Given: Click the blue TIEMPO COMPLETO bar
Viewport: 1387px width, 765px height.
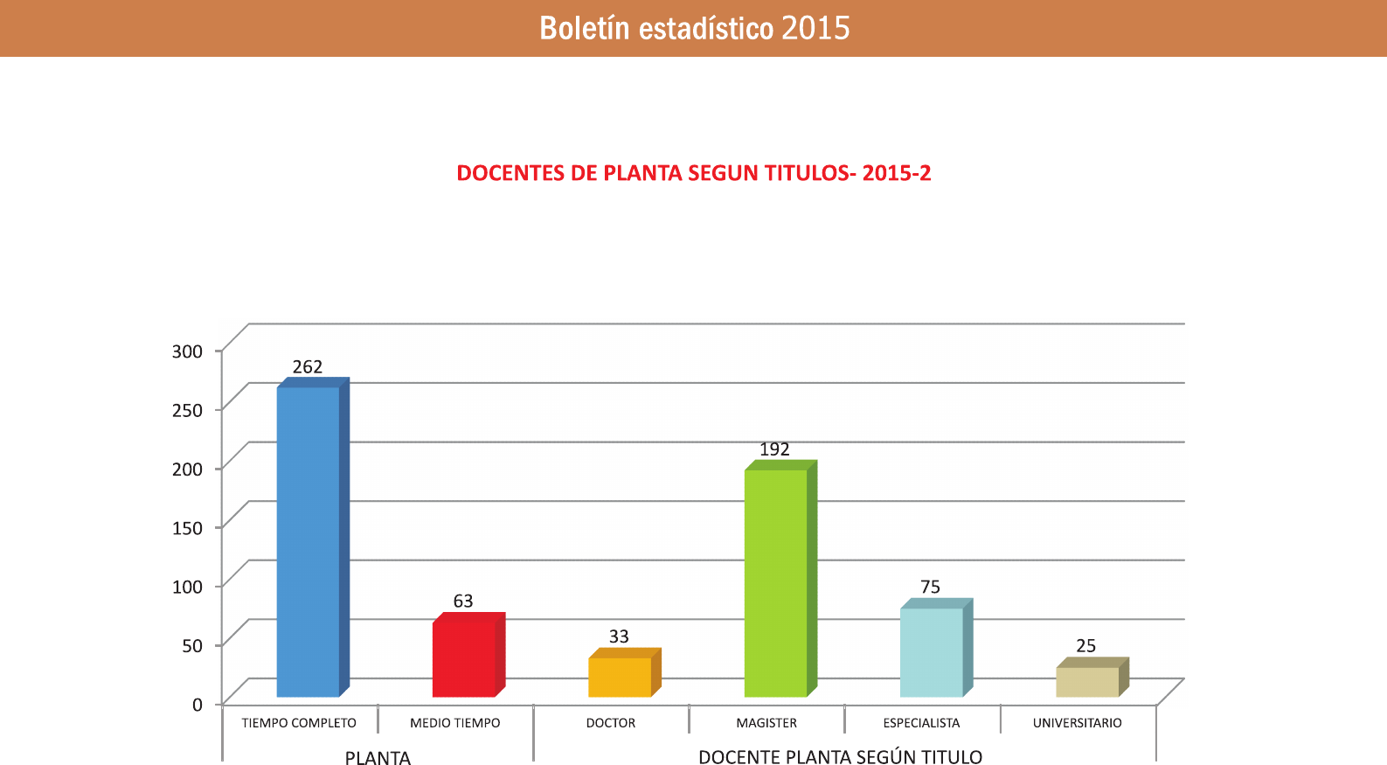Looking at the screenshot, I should click(x=308, y=542).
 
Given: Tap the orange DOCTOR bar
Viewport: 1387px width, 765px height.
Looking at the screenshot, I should click(x=620, y=678).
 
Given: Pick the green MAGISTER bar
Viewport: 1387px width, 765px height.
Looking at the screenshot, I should click(x=775, y=583).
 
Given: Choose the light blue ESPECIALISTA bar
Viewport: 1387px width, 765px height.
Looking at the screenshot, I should click(x=931, y=652).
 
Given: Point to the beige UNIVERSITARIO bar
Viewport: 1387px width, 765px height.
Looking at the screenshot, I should click(x=1087, y=682).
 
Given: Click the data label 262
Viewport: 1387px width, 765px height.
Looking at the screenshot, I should click(x=308, y=367).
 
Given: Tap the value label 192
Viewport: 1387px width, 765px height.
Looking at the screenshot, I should click(x=774, y=449).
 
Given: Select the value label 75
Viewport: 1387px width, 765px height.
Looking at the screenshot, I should click(x=930, y=588).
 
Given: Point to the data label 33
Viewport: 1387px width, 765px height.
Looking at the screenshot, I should click(x=619, y=636).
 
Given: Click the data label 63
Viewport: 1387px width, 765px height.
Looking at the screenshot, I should click(x=463, y=602).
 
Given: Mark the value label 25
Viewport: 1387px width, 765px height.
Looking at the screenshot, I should click(x=1085, y=646).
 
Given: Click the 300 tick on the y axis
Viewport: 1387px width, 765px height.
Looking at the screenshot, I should click(x=187, y=351).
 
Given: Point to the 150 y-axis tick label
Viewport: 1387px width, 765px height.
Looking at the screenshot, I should click(x=187, y=528).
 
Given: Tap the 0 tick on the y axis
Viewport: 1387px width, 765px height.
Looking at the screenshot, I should click(x=198, y=705).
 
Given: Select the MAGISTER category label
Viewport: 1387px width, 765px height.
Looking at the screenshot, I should click(x=766, y=723).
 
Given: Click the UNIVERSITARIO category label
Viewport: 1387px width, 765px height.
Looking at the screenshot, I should click(x=1077, y=723).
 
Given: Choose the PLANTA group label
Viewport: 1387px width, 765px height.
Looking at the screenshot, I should click(x=378, y=757).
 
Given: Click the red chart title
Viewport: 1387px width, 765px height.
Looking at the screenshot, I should click(x=694, y=173).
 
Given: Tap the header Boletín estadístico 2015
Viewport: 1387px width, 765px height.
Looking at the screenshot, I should click(x=694, y=28).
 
